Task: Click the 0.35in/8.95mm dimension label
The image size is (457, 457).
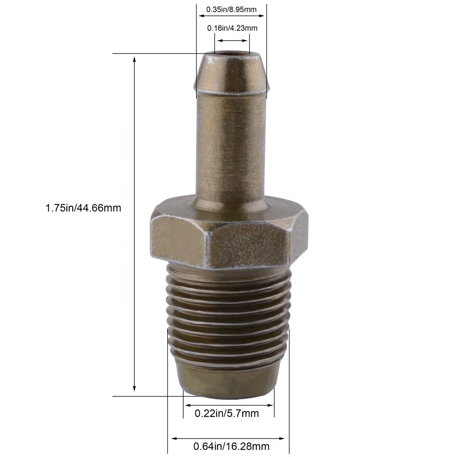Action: point(231,9)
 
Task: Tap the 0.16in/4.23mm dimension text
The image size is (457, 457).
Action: point(232,28)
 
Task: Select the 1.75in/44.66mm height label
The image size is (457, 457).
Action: point(83,208)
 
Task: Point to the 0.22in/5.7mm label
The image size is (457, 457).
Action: point(227,414)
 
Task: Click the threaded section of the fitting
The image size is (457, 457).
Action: point(228,315)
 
